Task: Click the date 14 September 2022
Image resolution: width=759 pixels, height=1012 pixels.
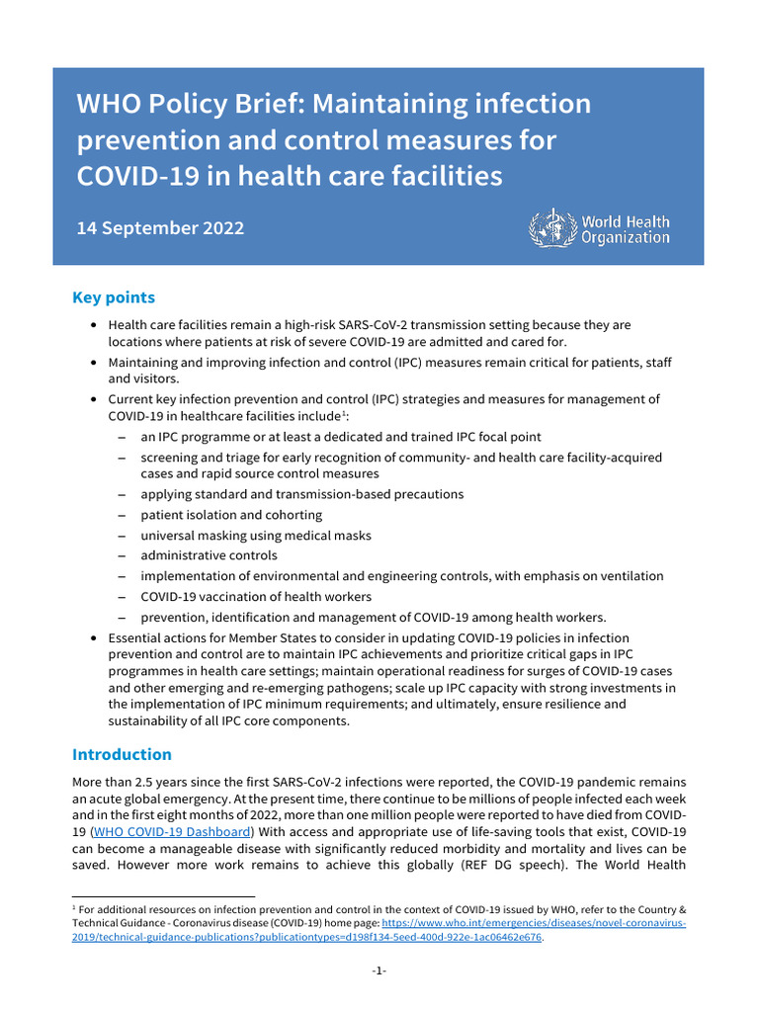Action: tap(160, 227)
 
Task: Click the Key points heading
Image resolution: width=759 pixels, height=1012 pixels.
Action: tap(114, 297)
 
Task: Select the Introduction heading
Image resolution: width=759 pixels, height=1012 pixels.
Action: tap(122, 754)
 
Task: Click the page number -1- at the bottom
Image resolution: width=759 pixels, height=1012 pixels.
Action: tap(379, 970)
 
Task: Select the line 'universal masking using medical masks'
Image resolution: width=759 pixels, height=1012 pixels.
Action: tap(256, 536)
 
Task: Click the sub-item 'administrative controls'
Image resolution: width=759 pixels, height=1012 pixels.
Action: tap(209, 555)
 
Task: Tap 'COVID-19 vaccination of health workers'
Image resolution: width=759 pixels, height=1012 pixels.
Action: tap(256, 596)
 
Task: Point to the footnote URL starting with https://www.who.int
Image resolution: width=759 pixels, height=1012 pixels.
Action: tap(534, 922)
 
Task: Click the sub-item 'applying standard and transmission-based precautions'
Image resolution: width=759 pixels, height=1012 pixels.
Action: tap(301, 494)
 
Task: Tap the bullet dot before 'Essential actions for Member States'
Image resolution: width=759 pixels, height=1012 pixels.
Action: tap(93, 638)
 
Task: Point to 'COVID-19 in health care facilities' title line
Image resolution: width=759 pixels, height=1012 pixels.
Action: tap(290, 177)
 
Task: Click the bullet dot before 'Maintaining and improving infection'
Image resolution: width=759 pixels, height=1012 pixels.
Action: tap(93, 363)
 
